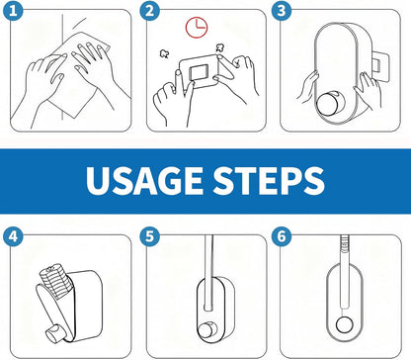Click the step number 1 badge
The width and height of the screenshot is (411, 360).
(13, 11)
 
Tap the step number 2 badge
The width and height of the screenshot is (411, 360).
(149, 11)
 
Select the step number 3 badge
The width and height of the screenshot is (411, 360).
(282, 11)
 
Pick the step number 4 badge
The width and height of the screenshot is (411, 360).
(13, 236)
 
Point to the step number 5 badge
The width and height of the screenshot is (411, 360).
(149, 236)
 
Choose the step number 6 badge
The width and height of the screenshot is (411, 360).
(282, 236)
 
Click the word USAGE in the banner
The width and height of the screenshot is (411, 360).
(144, 181)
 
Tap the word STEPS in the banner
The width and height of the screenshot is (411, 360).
(269, 181)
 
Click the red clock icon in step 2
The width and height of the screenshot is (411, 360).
(197, 28)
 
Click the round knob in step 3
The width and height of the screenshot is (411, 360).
(328, 104)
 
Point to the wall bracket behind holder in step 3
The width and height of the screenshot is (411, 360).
(380, 66)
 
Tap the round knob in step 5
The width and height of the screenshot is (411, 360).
(206, 330)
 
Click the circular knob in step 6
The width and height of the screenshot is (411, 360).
(344, 324)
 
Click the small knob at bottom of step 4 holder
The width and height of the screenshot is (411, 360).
(54, 333)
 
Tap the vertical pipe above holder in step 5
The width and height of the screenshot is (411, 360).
(208, 272)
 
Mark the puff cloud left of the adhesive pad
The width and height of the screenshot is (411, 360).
(164, 53)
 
